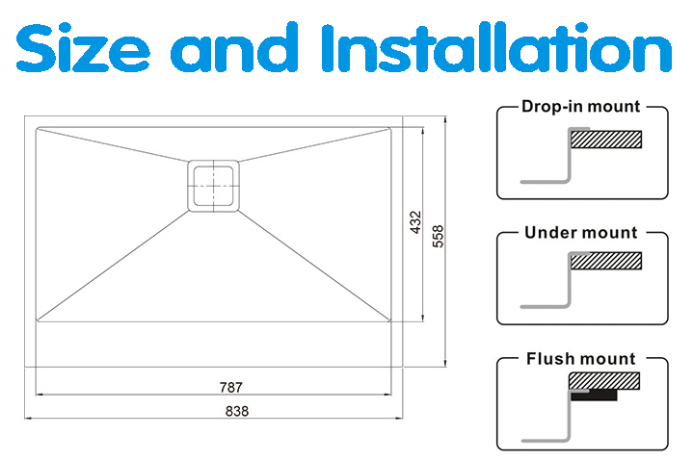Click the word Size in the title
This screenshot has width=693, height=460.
coord(83,48)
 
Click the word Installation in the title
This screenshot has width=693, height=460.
coord(496,47)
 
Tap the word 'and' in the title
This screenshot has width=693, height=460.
coord(234,47)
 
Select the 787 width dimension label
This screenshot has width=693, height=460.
coord(231,387)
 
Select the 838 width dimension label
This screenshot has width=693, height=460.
coord(237,411)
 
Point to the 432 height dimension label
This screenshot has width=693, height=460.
coord(415,222)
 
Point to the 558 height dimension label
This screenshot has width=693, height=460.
coord(438,236)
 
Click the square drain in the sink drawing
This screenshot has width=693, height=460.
coord(213,186)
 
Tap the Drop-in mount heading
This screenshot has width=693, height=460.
coord(581,107)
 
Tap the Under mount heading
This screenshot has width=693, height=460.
coord(581,233)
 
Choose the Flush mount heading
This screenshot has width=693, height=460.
coord(581,358)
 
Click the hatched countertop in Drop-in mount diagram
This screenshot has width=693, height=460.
coord(606,140)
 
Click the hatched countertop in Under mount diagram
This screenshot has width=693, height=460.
coord(606,261)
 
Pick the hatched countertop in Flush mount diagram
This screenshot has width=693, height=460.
coord(604,381)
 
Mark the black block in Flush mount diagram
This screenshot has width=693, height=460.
coord(594,396)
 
